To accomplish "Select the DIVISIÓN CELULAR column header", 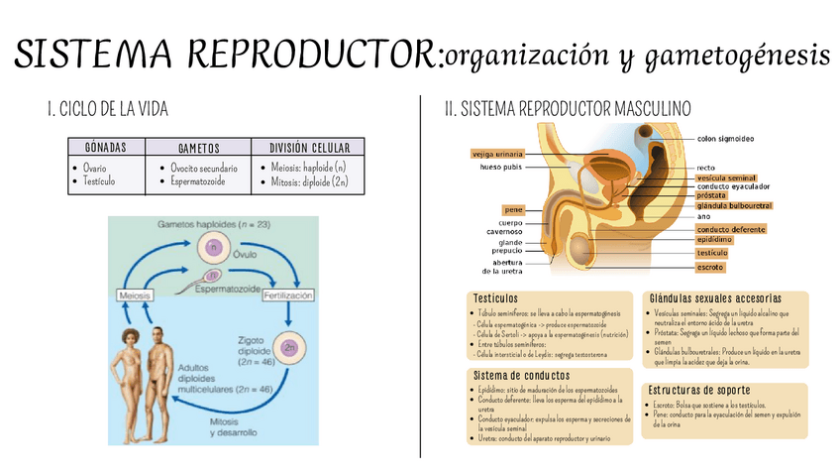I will pyautogui.click(x=309, y=147).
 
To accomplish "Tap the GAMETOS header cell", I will pyautogui.click(x=198, y=148).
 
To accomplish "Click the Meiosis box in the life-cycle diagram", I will pyautogui.click(x=136, y=296).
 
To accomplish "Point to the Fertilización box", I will pyautogui.click(x=287, y=296).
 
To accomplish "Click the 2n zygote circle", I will pyautogui.click(x=289, y=348).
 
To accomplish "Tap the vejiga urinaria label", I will pyautogui.click(x=497, y=155).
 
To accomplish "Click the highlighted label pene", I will pyautogui.click(x=513, y=210).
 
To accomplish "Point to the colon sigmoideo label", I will pyautogui.click(x=733, y=138).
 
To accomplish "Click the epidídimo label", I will pyautogui.click(x=715, y=240).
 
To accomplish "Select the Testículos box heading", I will pyautogui.click(x=495, y=298).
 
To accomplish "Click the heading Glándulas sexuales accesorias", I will pyautogui.click(x=715, y=298).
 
